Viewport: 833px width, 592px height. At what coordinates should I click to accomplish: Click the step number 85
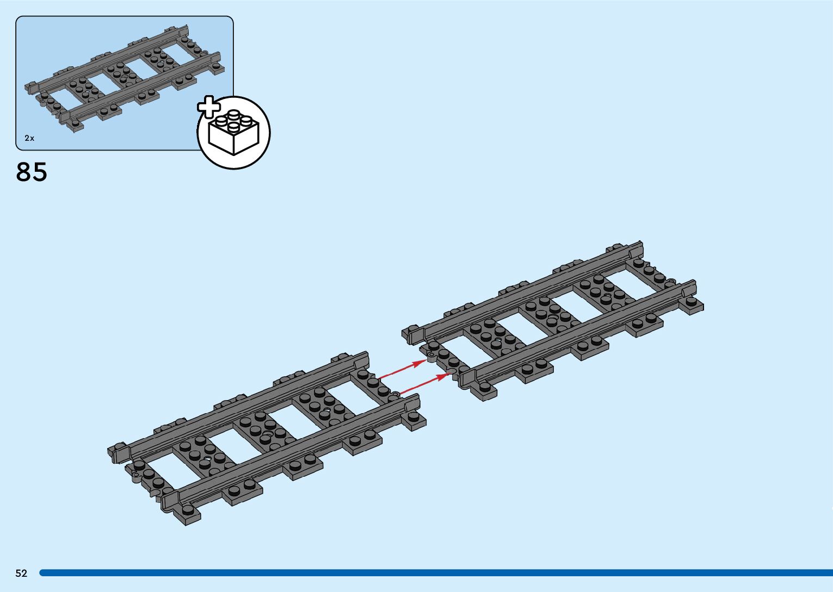[x=32, y=172]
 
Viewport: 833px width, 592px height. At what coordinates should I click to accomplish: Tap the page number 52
[x=21, y=573]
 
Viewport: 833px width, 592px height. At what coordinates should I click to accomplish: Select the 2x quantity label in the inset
[x=29, y=138]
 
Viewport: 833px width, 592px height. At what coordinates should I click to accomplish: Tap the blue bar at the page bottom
[x=435, y=573]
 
